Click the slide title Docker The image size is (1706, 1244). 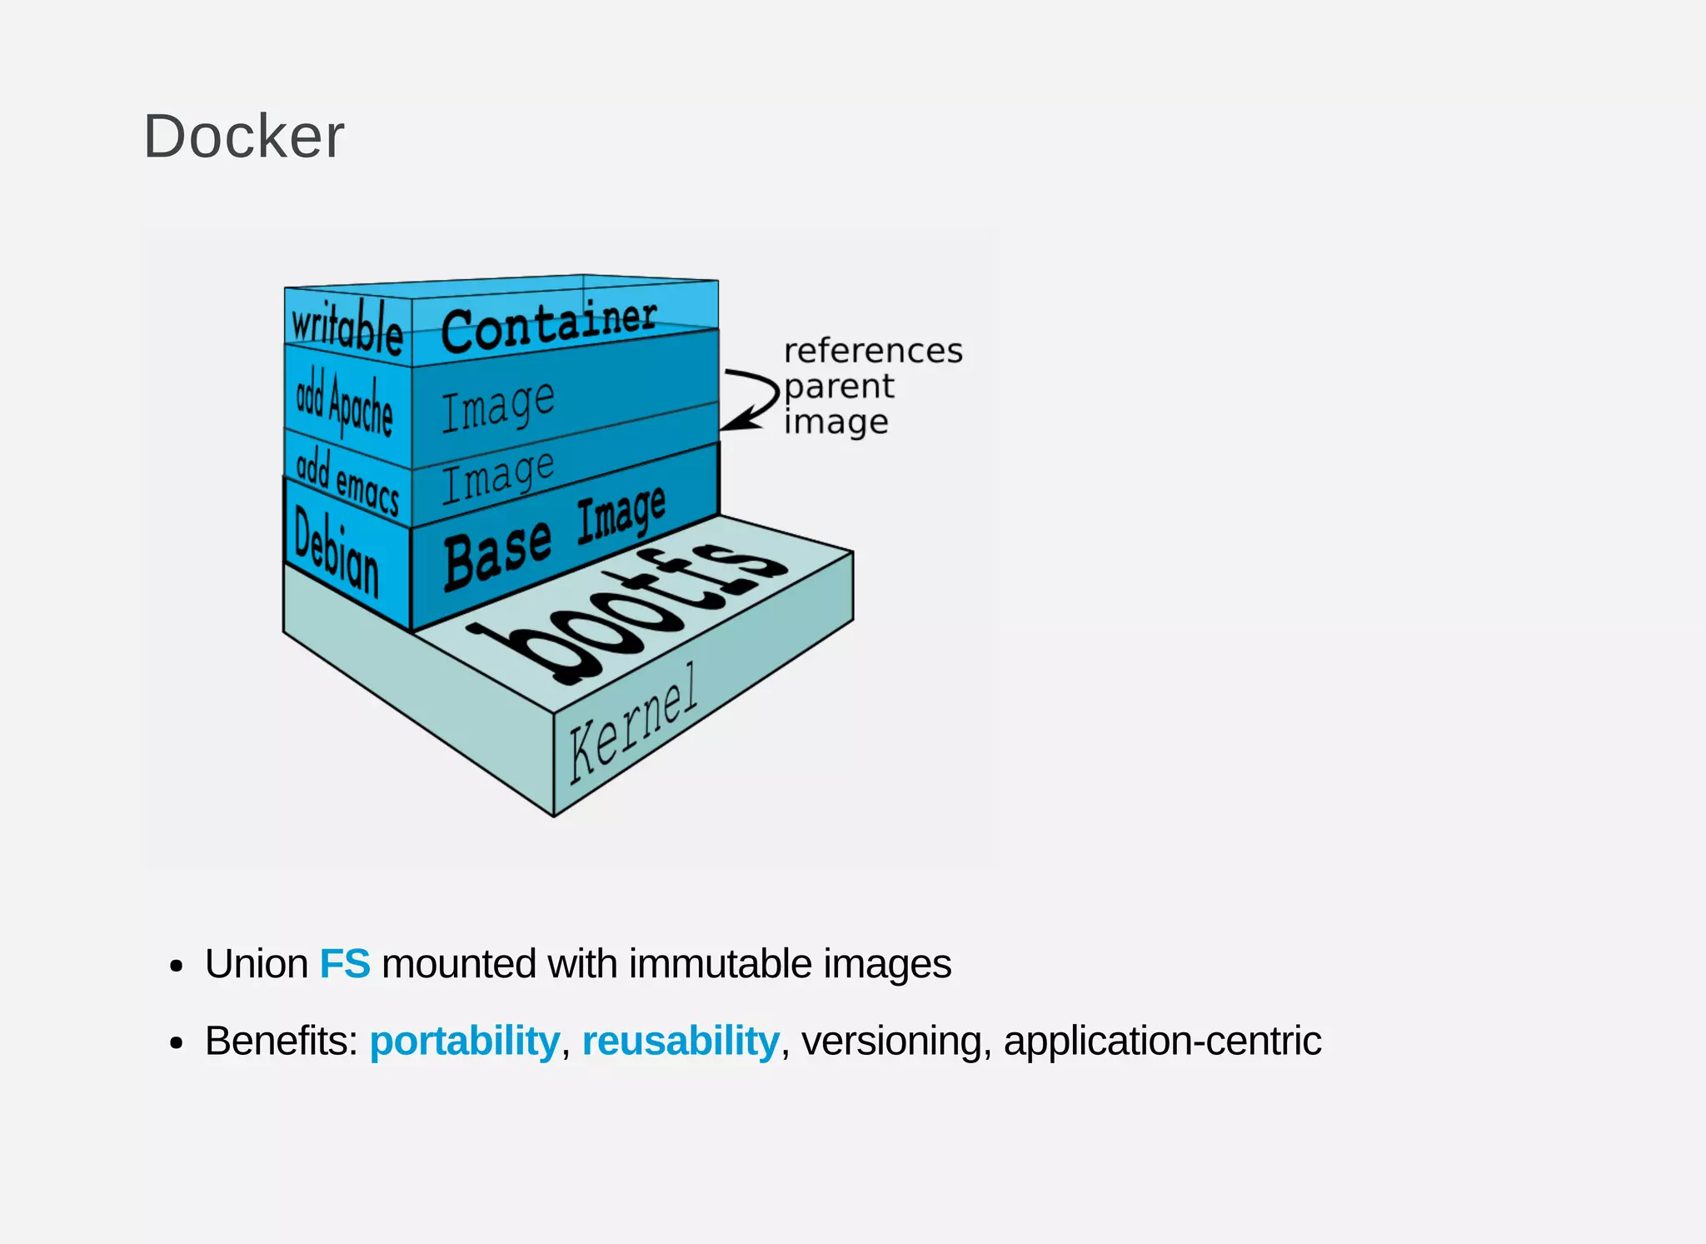click(243, 137)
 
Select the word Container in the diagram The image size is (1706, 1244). click(548, 326)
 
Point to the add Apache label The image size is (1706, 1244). click(345, 404)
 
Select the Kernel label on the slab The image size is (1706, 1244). click(633, 723)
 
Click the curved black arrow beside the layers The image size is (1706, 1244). click(751, 399)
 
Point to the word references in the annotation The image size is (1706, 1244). click(873, 351)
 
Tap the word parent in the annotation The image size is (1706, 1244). click(839, 387)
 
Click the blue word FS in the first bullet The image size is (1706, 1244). click(345, 964)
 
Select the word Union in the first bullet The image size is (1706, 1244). click(257, 964)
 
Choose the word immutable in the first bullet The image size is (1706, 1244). click(720, 964)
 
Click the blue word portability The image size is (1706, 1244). click(464, 1041)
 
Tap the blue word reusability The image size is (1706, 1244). click(681, 1041)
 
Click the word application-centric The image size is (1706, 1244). click(1162, 1041)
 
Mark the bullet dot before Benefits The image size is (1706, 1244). click(176, 1042)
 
